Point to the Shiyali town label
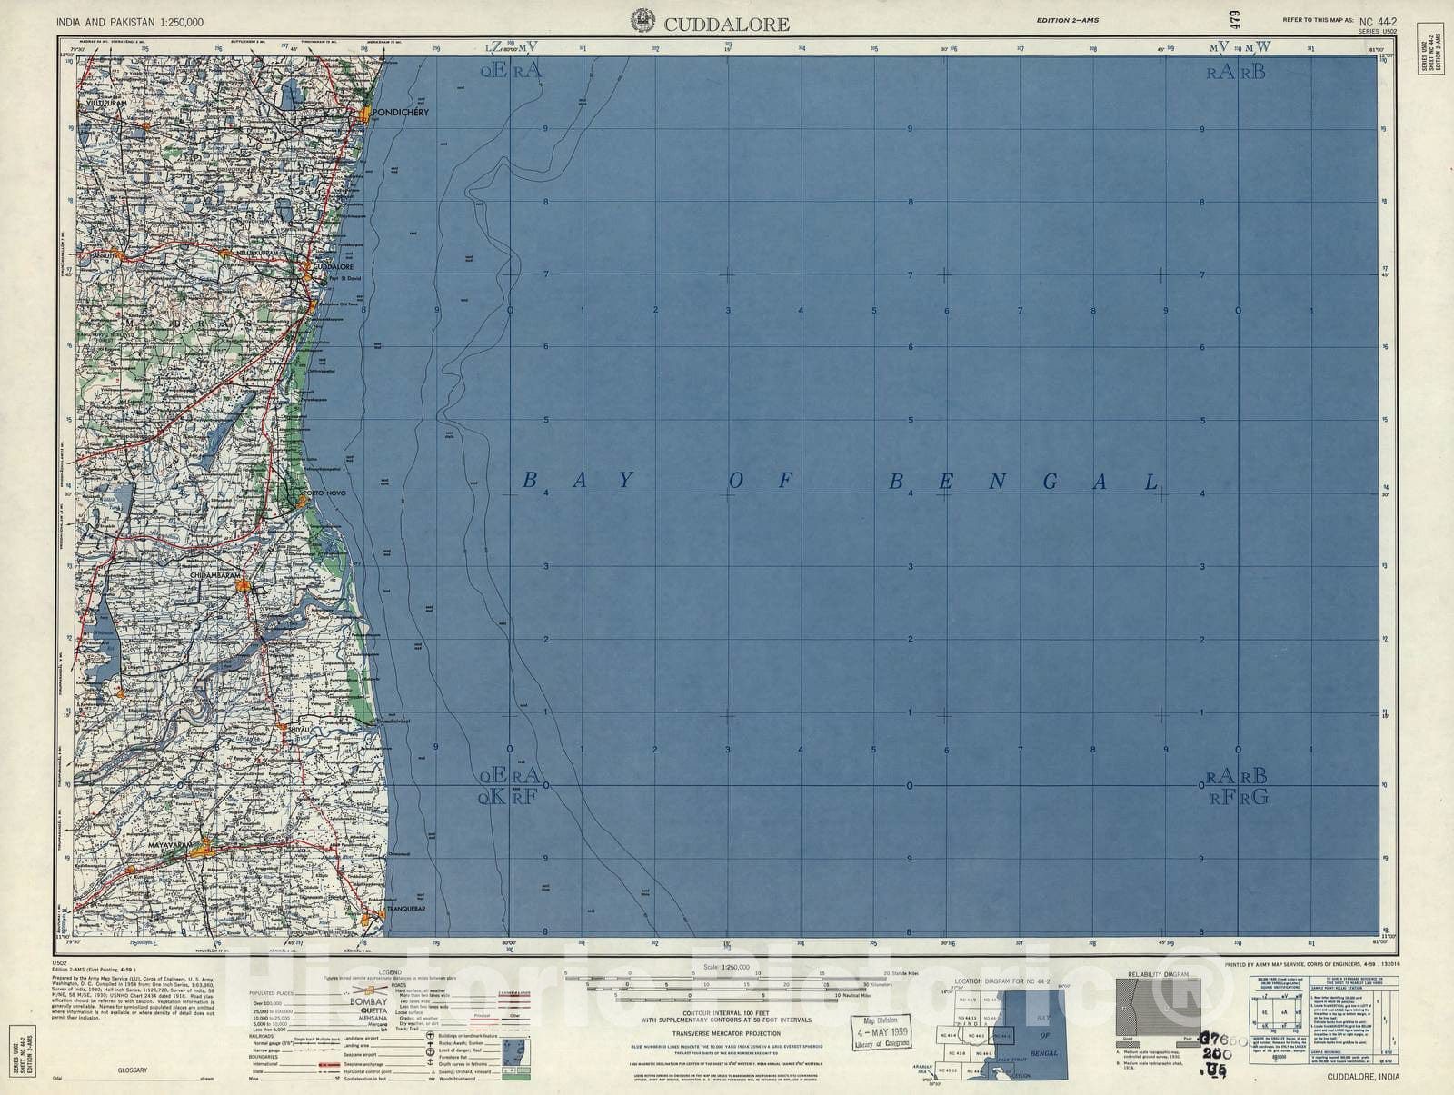[300, 729]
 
